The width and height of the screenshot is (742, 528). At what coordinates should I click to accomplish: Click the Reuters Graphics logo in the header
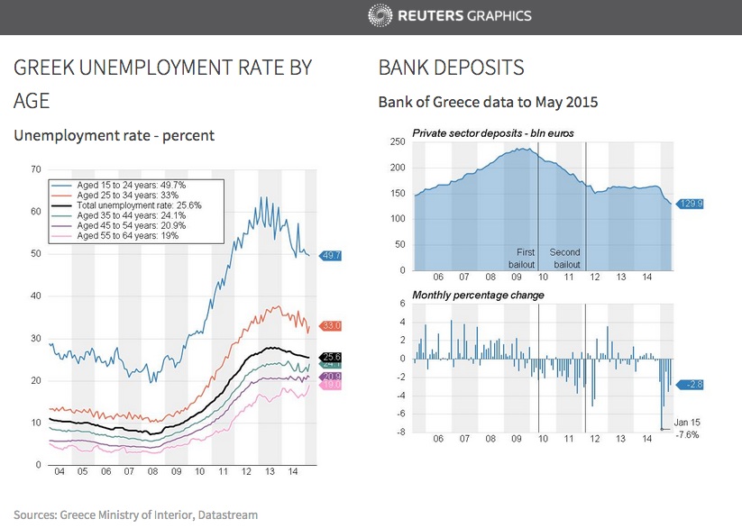pyautogui.click(x=450, y=15)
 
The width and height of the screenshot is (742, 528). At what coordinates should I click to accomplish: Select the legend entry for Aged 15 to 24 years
pyautogui.click(x=131, y=184)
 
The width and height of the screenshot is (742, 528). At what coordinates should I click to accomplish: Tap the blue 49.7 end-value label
pyautogui.click(x=330, y=256)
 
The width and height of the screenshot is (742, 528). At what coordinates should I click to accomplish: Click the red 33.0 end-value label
pyautogui.click(x=330, y=325)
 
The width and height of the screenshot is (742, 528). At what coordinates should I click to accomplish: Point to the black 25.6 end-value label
pyautogui.click(x=330, y=357)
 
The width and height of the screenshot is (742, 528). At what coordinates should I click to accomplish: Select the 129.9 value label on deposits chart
pyautogui.click(x=690, y=205)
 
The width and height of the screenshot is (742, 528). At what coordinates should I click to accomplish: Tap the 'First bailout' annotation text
pyautogui.click(x=526, y=259)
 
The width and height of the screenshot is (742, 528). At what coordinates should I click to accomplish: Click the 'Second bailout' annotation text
pyautogui.click(x=565, y=259)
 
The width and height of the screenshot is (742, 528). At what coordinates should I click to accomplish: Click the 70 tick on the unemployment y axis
pyautogui.click(x=36, y=169)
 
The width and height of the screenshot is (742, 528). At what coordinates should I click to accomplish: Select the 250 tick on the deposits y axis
pyautogui.click(x=398, y=142)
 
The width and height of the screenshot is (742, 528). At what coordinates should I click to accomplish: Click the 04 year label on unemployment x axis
pyautogui.click(x=59, y=472)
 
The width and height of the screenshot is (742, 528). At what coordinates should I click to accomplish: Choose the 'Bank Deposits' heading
pyautogui.click(x=451, y=68)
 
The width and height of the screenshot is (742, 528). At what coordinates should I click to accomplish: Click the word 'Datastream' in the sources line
pyautogui.click(x=229, y=515)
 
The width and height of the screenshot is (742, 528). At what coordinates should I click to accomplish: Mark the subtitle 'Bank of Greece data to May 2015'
pyautogui.click(x=488, y=103)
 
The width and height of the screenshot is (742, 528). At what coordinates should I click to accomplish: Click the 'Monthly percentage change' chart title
pyautogui.click(x=478, y=295)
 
